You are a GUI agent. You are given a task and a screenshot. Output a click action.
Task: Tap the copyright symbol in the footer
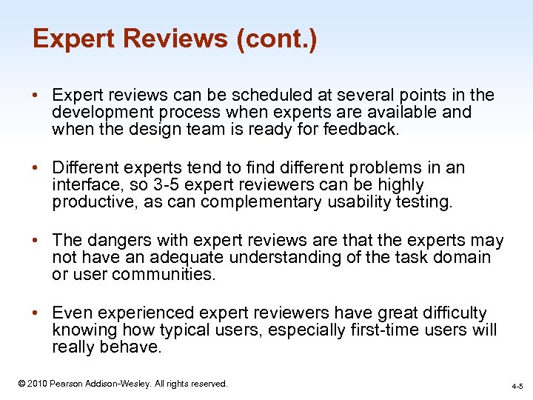coord(22,384)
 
